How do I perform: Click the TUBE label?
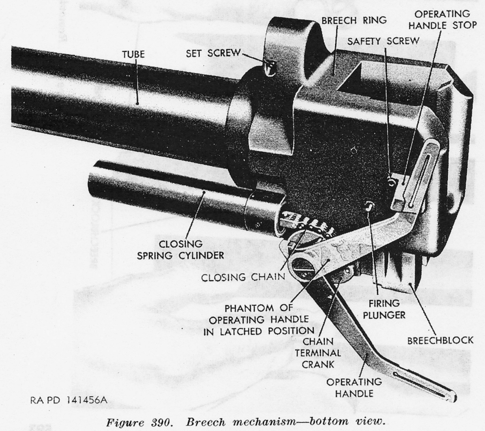[x=133, y=54]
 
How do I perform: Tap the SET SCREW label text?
[x=213, y=53]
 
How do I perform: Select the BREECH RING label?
[x=354, y=21]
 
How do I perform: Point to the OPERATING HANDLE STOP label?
[x=442, y=20]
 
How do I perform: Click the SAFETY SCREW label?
[x=383, y=41]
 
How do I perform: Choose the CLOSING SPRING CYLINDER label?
[x=181, y=250]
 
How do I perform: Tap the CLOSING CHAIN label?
[x=243, y=277]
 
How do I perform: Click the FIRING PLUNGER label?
[x=384, y=309]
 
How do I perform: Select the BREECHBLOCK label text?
[x=440, y=341]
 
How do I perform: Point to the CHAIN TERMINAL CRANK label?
[x=318, y=353]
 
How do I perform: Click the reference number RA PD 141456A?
[x=69, y=400]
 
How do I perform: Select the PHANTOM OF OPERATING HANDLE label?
[x=259, y=320]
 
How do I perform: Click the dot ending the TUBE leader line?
[x=137, y=103]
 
